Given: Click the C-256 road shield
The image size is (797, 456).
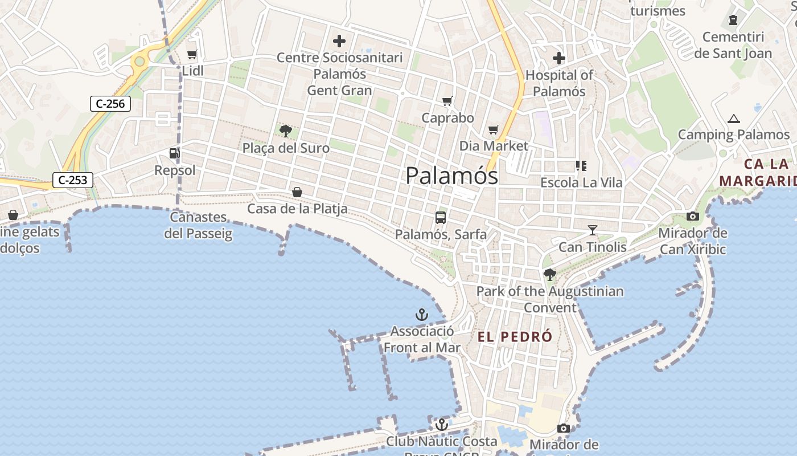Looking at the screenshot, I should [x=110, y=104].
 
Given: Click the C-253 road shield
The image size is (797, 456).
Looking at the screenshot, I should [x=73, y=180].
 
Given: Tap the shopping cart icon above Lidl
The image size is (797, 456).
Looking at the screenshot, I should [x=192, y=55].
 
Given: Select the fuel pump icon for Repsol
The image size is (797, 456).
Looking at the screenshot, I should [x=174, y=153].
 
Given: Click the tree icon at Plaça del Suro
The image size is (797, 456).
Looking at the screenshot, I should [x=286, y=131].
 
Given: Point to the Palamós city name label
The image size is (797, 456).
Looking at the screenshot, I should [x=451, y=176].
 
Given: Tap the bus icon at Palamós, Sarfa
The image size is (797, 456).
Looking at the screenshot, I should [x=441, y=217].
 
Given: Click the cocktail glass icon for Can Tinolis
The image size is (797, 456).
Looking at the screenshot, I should [x=593, y=230].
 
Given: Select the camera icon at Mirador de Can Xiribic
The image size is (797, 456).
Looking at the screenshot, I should [x=693, y=216].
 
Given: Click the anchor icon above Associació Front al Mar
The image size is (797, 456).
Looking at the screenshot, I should [x=421, y=315].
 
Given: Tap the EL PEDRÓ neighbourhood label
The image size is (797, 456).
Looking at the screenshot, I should [x=515, y=337].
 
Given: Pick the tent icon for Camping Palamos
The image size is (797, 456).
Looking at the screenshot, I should [x=734, y=119].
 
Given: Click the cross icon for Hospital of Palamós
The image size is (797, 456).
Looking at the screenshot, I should [x=559, y=58].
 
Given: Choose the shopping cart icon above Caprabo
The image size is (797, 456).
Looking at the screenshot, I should [x=447, y=101].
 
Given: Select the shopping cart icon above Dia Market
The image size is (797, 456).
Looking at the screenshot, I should [x=494, y=130].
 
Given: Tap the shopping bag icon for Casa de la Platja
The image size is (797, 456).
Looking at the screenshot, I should [x=297, y=192].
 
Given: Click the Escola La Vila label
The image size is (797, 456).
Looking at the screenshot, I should [x=581, y=183].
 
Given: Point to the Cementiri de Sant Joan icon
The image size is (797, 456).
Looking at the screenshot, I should [x=733, y=21].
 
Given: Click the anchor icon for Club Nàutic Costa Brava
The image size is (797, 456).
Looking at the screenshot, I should [x=441, y=425].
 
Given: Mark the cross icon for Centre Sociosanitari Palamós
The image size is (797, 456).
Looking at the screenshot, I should [x=339, y=41].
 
